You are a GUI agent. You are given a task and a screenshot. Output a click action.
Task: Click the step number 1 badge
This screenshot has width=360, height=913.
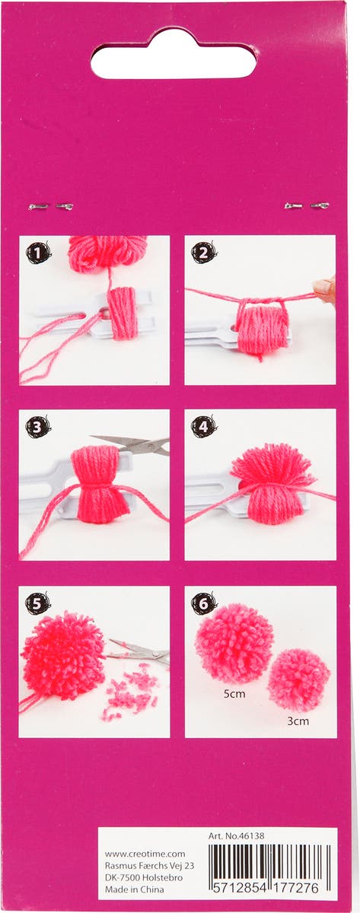[x=38, y=253]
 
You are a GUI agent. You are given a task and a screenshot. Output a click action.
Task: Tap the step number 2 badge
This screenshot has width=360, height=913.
[x=204, y=253]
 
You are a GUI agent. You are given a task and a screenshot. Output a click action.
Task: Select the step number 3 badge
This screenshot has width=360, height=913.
[x=38, y=427]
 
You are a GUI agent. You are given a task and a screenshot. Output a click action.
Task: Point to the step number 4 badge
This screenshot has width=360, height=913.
[x=204, y=427]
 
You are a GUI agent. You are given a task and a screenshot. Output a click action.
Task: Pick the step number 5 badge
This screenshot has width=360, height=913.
[x=37, y=603]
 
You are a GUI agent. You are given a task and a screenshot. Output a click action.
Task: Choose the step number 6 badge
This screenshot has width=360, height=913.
[x=203, y=603]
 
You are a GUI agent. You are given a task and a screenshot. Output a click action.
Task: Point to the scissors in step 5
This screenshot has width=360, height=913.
[x=141, y=654]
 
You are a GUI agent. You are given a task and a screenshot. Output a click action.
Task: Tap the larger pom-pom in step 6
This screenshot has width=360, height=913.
[x=234, y=644]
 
